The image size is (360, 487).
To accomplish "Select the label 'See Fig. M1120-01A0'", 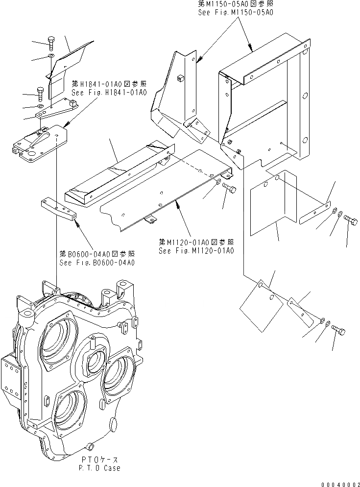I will [x=196, y=250].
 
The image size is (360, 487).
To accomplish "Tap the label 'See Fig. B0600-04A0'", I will [x=97, y=262].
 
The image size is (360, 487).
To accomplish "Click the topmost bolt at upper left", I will [x=51, y=43].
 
